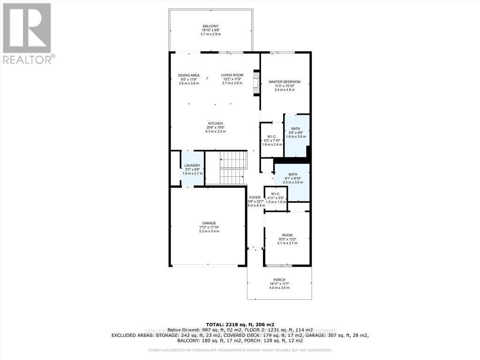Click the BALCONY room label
210,26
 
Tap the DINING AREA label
189,75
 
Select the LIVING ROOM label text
232,75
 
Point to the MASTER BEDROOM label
285,82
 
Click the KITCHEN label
215,124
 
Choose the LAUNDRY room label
192,165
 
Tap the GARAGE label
209,223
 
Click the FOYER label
255,198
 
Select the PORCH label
279,280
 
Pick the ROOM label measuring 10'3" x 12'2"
287,235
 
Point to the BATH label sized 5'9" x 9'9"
296,129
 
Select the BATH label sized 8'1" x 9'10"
292,174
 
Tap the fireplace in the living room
256,83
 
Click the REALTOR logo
28,33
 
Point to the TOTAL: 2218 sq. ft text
240,324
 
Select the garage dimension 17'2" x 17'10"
209,227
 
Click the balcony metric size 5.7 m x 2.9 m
210,35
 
